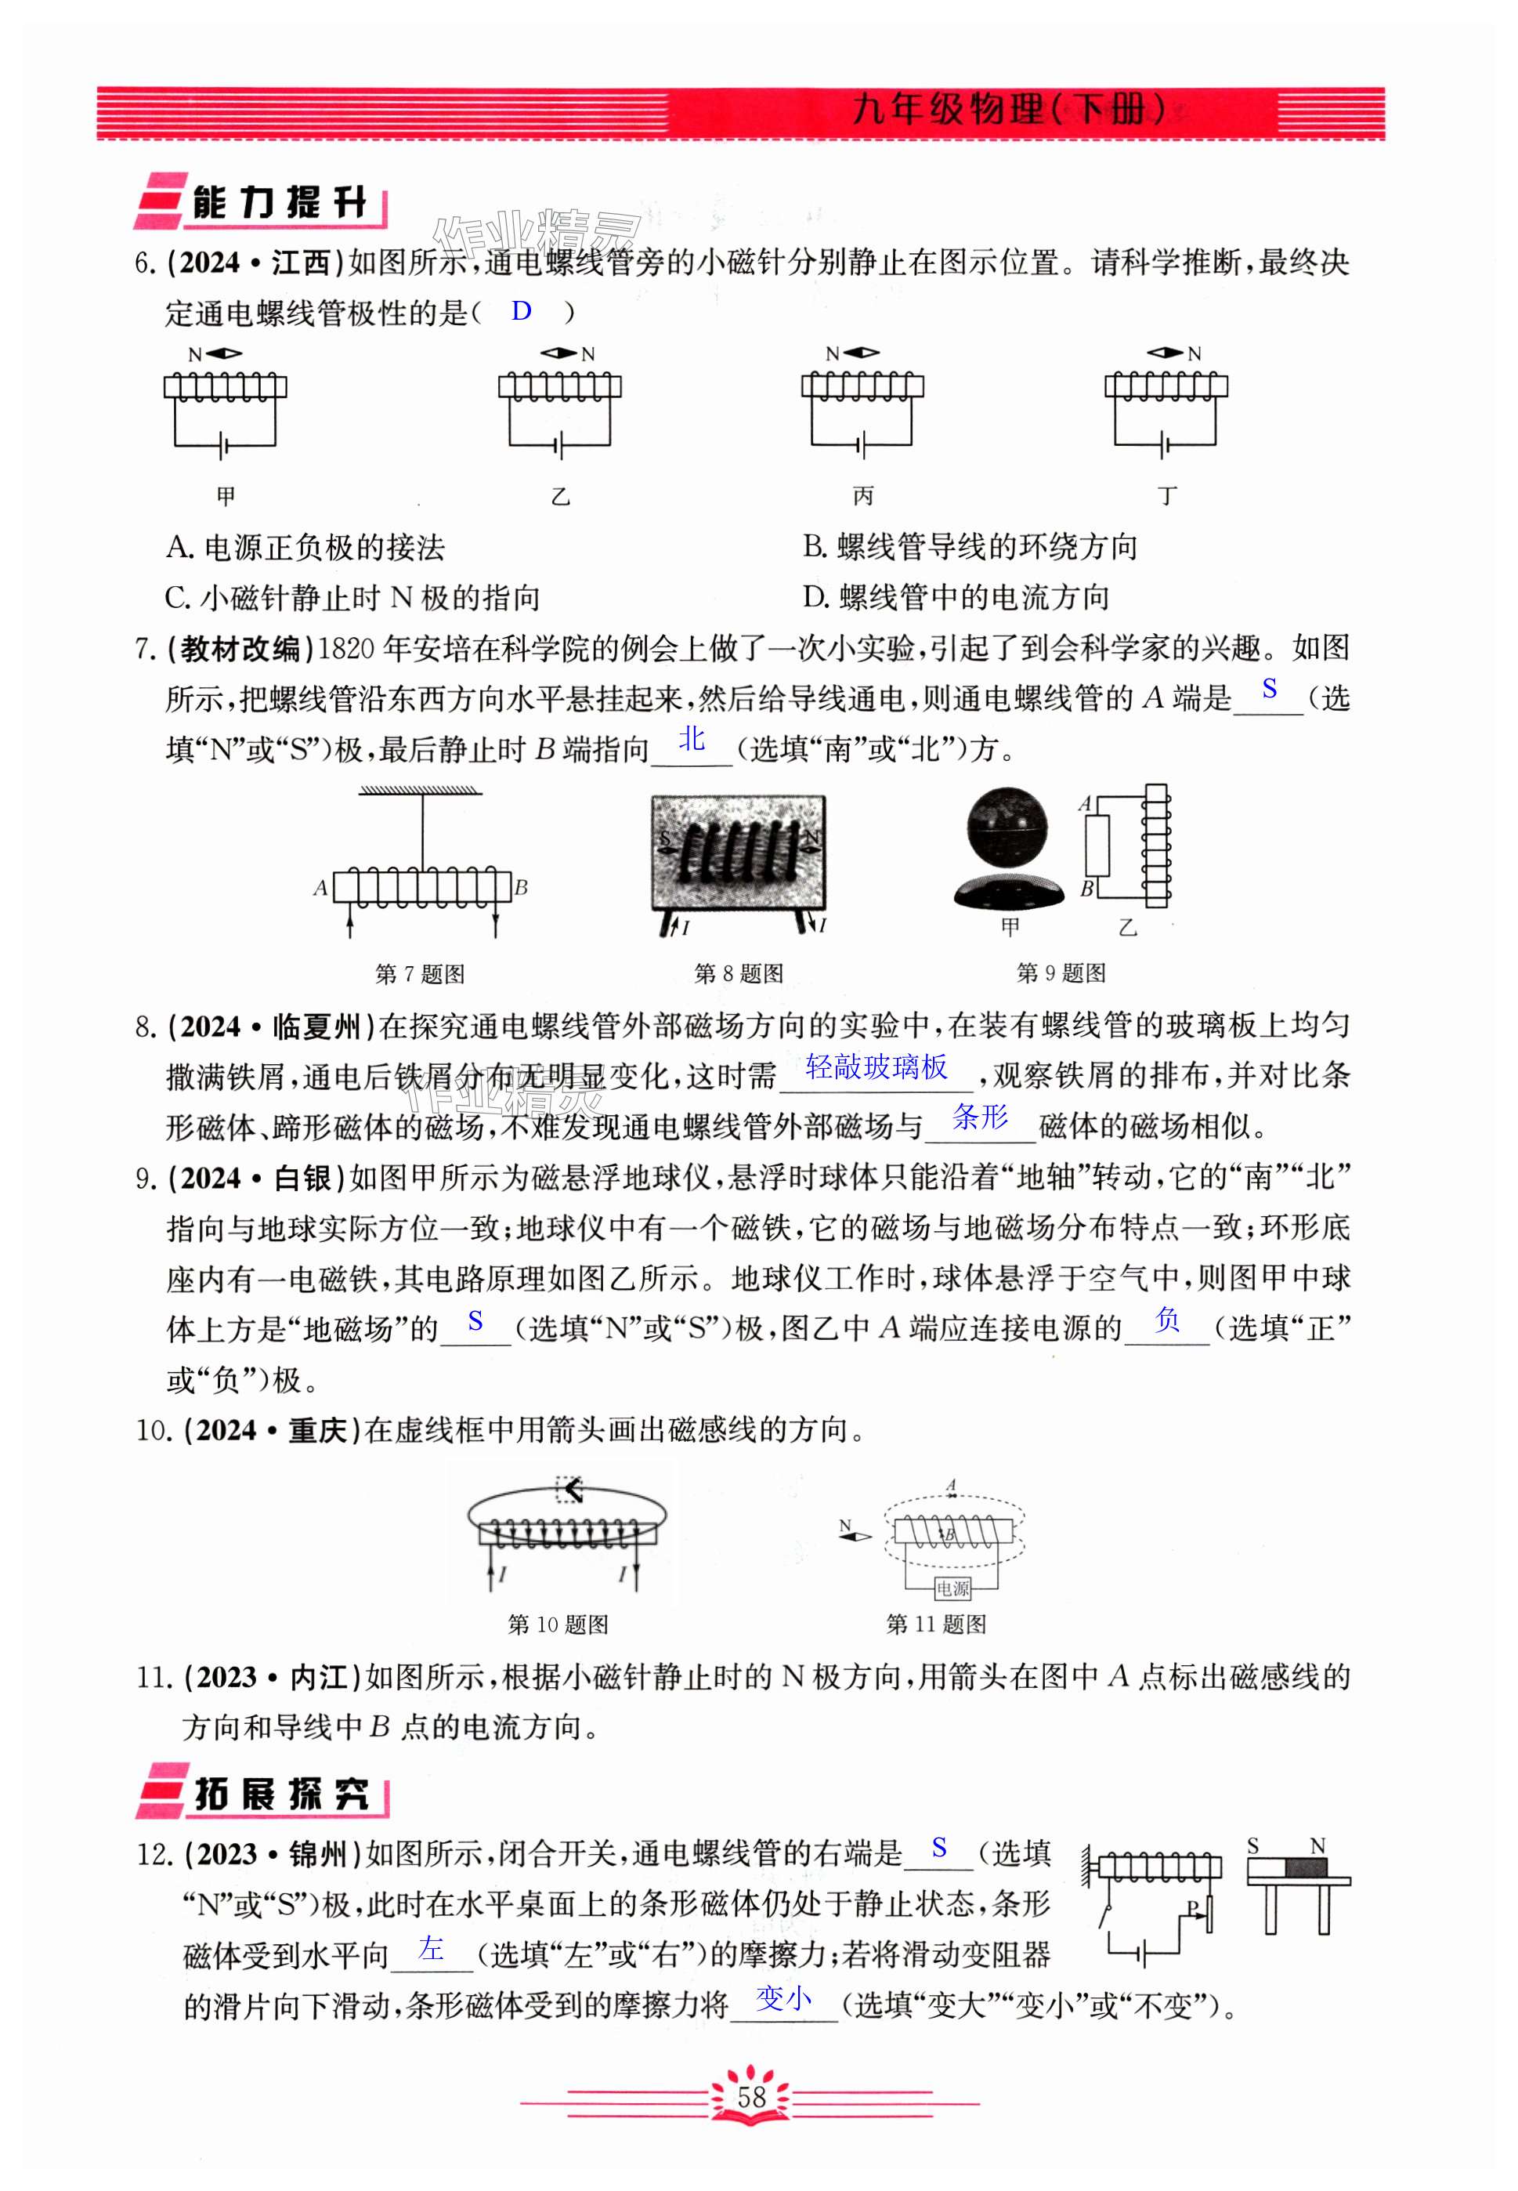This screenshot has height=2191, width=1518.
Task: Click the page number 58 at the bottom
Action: [x=751, y=2097]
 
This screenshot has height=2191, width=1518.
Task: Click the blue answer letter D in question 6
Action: [x=521, y=311]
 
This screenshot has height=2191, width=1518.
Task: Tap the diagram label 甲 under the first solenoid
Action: [x=226, y=496]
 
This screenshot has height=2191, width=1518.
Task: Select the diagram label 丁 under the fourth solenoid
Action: [x=1167, y=496]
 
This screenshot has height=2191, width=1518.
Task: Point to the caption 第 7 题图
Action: [x=420, y=973]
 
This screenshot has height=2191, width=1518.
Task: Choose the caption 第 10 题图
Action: [x=558, y=1624]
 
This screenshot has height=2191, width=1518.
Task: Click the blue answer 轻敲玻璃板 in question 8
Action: [x=876, y=1067]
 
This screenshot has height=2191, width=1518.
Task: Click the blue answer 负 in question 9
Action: [x=1167, y=1320]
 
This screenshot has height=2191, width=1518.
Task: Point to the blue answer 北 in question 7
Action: [x=692, y=739]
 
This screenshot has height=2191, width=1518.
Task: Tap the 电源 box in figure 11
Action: [x=952, y=1588]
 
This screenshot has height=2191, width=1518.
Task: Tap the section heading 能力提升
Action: [x=279, y=203]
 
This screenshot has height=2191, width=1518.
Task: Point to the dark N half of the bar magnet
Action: [x=1305, y=1867]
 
